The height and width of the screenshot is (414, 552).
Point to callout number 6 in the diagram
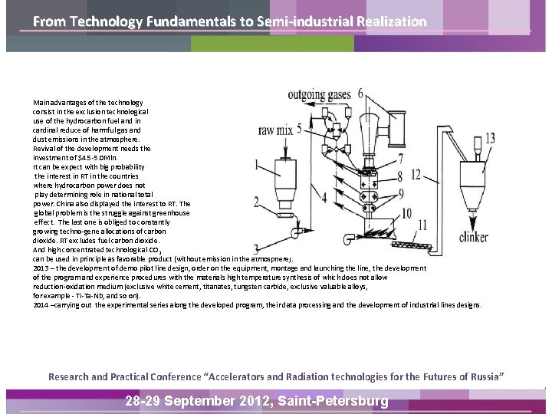click(360, 94)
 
